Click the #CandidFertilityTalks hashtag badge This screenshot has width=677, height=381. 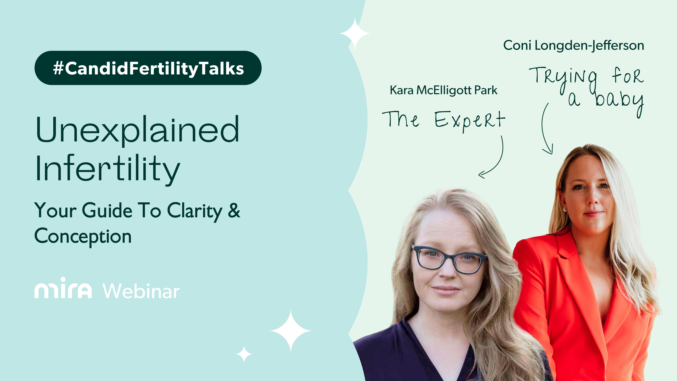pos(148,68)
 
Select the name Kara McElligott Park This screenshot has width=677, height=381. pos(443,90)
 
